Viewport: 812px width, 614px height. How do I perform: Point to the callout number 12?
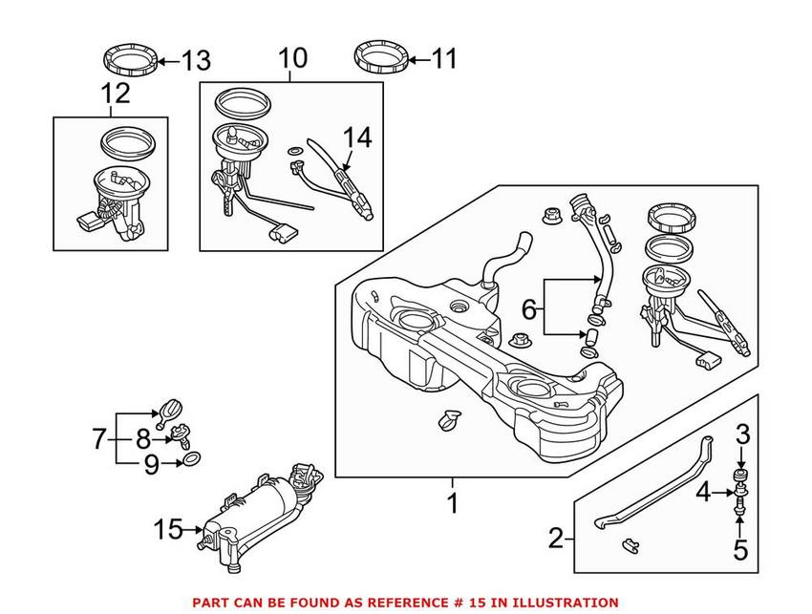tap(114, 94)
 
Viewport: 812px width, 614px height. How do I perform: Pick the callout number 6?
tap(528, 308)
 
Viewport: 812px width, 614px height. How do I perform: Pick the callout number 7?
tap(99, 439)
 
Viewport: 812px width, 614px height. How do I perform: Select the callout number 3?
tap(742, 435)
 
